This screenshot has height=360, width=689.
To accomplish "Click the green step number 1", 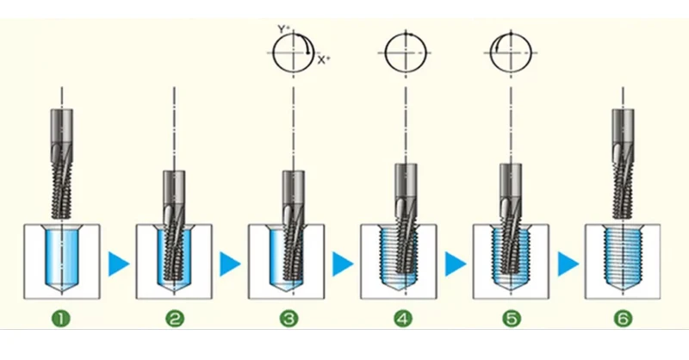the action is pos(61,319).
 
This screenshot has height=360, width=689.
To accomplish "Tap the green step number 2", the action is pos(175,319).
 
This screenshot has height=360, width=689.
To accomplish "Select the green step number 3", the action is pos(289,319).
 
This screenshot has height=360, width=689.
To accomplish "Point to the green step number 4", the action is pos(403,319).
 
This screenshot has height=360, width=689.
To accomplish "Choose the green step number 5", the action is pos(512,319).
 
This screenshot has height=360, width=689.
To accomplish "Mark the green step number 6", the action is pos(623,319).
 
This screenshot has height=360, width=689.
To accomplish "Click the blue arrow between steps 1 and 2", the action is pos(118,264).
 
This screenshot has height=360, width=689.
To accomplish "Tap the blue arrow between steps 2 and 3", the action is pos(230,264).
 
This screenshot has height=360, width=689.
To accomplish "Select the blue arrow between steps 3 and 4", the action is pos(343,264).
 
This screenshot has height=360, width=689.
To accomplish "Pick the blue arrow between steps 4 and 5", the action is pos(456,264).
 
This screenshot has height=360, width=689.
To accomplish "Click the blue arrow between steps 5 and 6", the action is pos(568,264).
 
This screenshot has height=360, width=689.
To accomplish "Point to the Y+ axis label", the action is pos(283,30).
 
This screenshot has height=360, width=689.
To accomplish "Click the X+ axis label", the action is pos(324,60).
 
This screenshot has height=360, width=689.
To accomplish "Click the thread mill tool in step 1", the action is pos(62,164).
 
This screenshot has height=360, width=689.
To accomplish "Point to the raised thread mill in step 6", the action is pos(623,164).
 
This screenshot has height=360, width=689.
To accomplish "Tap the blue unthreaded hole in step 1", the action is pos(62,258).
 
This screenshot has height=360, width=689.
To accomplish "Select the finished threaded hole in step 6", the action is pos(623,258).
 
